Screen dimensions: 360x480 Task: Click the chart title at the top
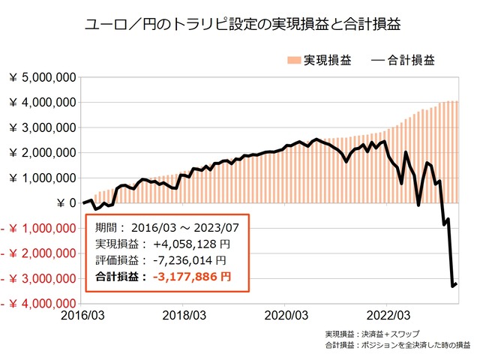coord(239,23)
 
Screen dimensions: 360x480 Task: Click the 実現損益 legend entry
coord(319,59)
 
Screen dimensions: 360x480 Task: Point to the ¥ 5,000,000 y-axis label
coord(42,77)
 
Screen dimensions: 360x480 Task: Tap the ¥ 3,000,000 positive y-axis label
coord(42,127)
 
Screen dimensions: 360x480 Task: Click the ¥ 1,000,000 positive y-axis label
coord(42,178)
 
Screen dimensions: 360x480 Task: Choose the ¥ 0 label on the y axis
coord(64,202)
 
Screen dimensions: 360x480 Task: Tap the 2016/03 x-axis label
coord(82,316)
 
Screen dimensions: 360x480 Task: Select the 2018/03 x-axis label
coord(184,316)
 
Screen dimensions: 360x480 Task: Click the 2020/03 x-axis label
coord(285,316)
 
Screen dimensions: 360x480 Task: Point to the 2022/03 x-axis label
coord(386,316)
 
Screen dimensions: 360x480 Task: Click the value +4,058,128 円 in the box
coord(190,244)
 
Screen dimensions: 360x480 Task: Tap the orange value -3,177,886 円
coord(191,277)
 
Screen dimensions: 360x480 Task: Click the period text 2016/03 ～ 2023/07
coord(191,227)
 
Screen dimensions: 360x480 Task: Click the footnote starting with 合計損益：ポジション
coord(397,346)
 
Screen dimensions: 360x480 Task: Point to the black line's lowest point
coord(452,286)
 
